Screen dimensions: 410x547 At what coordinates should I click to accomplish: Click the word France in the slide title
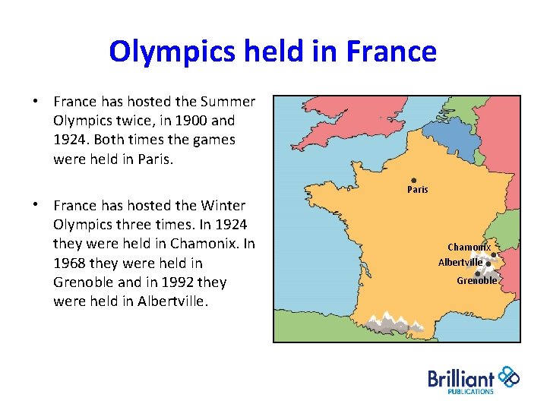click(x=391, y=52)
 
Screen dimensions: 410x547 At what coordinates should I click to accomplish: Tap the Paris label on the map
click(x=417, y=190)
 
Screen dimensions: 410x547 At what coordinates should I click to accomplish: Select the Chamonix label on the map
click(x=469, y=248)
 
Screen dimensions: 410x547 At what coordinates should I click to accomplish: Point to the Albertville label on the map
click(x=460, y=263)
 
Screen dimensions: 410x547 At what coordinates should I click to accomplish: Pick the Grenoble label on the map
click(x=477, y=281)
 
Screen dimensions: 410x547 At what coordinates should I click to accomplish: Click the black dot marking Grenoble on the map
click(x=477, y=273)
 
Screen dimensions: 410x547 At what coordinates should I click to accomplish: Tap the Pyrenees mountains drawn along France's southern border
click(x=395, y=322)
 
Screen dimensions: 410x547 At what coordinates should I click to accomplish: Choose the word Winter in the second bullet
click(x=224, y=206)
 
